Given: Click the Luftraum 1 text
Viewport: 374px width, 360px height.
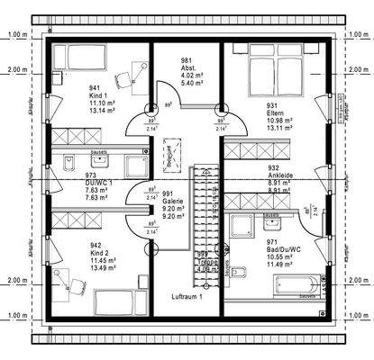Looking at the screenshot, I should point(187,296).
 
